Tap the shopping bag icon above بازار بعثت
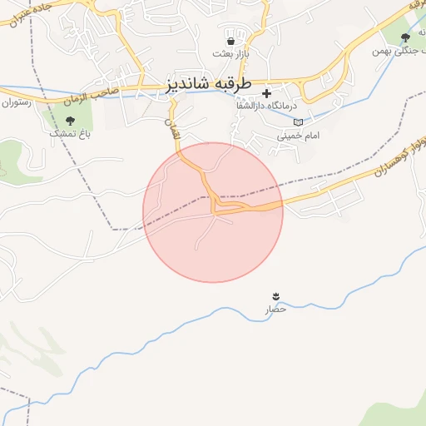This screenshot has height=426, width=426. (230, 40)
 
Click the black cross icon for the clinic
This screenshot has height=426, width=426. (266, 93)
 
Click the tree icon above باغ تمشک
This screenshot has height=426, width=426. (68, 121)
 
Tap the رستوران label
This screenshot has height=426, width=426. (15, 103)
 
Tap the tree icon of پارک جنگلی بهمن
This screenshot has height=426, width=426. (405, 37)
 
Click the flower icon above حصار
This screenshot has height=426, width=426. (275, 296)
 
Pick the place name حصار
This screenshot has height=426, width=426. (275, 309)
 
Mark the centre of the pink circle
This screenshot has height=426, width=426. (213, 212)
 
